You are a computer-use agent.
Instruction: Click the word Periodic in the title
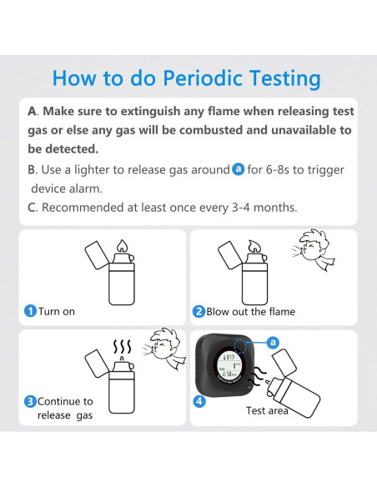pyautogui.click(x=203, y=78)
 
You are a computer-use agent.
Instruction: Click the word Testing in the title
pyautogui.click(x=284, y=79)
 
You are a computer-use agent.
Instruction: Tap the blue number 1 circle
pyautogui.click(x=30, y=311)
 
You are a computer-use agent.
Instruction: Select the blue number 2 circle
pyautogui.click(x=199, y=312)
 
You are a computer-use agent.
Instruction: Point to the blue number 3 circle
pyautogui.click(x=30, y=401)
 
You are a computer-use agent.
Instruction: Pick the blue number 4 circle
pyautogui.click(x=199, y=401)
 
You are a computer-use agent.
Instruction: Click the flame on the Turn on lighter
pyautogui.click(x=122, y=246)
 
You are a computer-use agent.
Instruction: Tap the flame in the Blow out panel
pyautogui.click(x=255, y=247)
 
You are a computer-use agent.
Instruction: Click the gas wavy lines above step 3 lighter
pyautogui.click(x=122, y=346)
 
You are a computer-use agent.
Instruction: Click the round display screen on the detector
pyautogui.click(x=229, y=366)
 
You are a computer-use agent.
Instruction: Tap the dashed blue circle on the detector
pyautogui.click(x=240, y=346)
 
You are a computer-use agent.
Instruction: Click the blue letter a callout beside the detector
pyautogui.click(x=273, y=342)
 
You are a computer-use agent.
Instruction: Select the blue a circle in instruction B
pyautogui.click(x=239, y=169)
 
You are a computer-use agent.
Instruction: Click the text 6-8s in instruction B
pyautogui.click(x=278, y=170)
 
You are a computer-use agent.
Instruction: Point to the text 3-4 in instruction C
pyautogui.click(x=241, y=208)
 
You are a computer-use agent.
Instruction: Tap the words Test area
pyautogui.click(x=267, y=410)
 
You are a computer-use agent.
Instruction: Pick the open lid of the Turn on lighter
pyautogui.click(x=97, y=255)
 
